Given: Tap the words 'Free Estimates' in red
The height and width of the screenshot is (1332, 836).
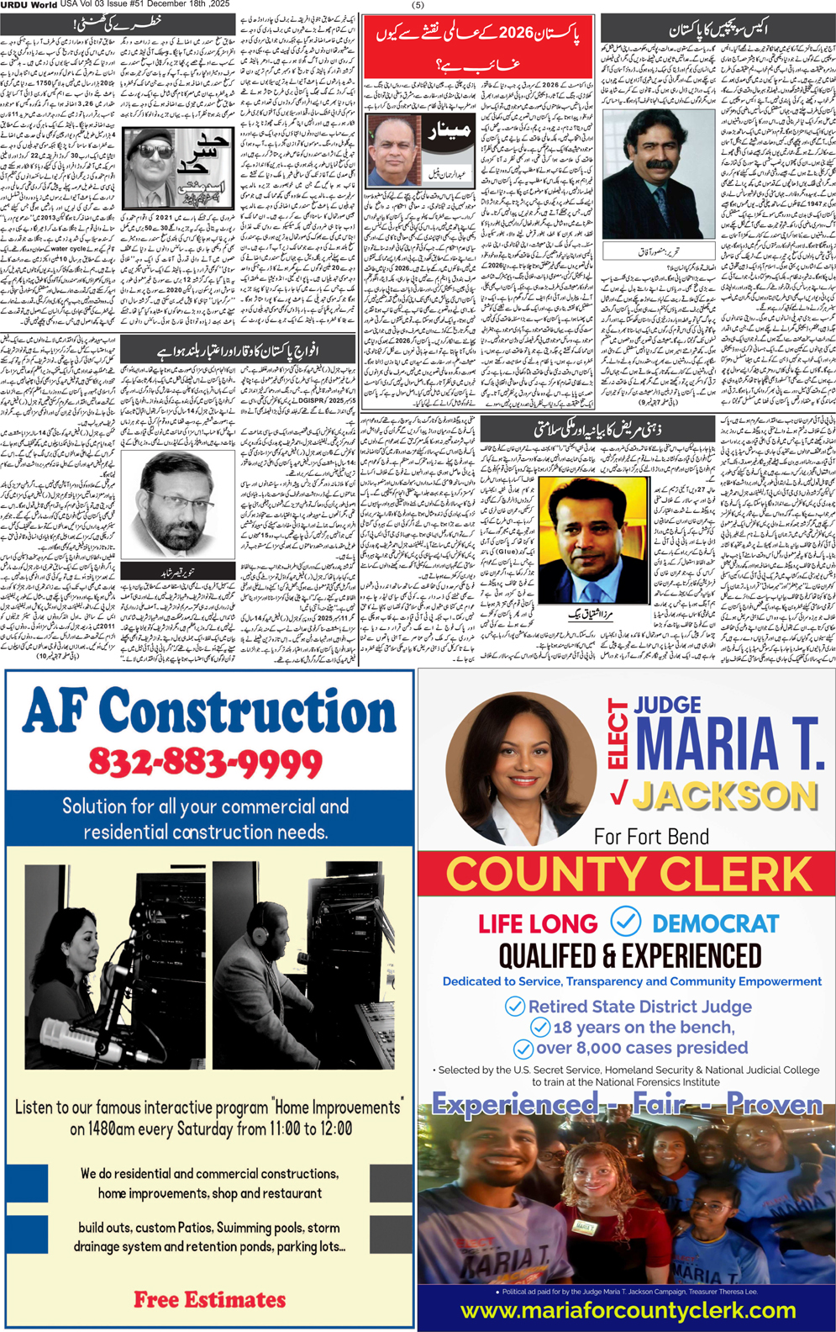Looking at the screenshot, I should point(209,1299).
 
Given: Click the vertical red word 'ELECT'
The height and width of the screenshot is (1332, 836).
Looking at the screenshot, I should point(618,733).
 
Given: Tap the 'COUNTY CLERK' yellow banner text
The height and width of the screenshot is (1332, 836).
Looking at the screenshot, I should point(628,875).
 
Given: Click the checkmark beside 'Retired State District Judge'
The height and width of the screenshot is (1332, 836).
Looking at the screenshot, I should point(514,1006).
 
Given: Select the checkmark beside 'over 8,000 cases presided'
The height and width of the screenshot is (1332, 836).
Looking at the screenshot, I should point(523,1049).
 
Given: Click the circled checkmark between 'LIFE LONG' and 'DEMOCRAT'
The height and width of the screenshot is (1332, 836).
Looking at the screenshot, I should point(625,922).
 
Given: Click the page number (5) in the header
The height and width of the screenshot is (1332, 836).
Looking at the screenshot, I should point(418,5).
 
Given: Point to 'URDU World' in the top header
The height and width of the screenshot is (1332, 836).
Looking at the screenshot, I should point(29,5).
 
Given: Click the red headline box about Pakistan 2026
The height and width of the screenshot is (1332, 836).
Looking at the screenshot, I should point(478,47).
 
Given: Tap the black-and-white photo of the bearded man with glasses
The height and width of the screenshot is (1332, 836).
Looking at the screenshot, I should point(178,504).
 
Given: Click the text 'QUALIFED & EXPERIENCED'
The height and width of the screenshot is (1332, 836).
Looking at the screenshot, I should point(629,956).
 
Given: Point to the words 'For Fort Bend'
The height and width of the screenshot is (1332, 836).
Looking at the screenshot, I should point(651,837).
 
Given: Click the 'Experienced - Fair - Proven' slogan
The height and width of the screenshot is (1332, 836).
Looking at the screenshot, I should point(627,1103).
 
